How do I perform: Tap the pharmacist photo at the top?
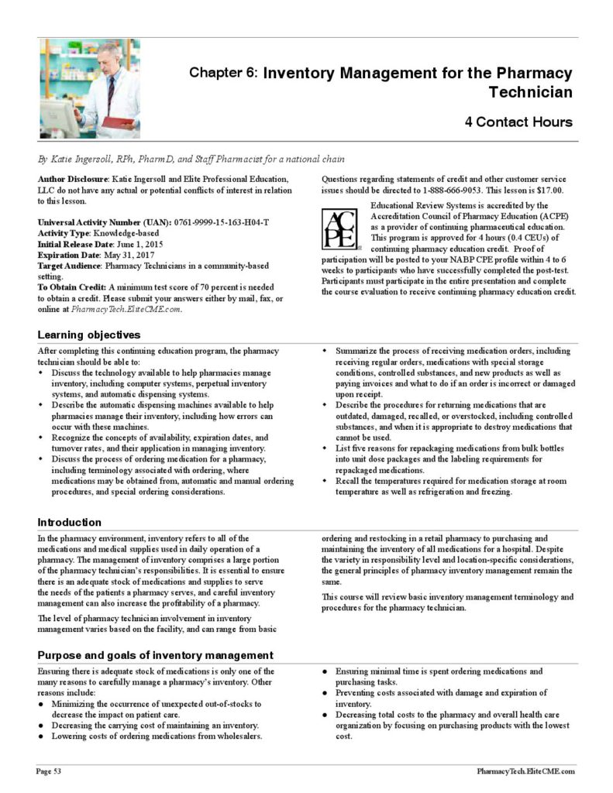pos(89,88)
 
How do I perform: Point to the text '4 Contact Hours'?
pos(518,122)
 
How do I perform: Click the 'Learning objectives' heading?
pos(89,335)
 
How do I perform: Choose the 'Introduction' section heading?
pos(69,522)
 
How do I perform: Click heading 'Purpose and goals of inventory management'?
pos(155,655)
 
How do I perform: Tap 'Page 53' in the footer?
pos(49,771)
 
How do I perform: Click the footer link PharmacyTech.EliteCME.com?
pos(525,771)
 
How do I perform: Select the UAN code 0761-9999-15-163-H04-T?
pos(222,222)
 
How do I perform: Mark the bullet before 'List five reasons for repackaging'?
pos(325,448)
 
